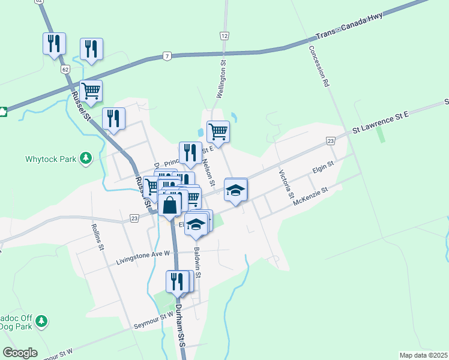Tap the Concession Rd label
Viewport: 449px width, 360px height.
pyautogui.click(x=319, y=67)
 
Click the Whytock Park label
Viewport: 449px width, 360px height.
pyautogui.click(x=51, y=159)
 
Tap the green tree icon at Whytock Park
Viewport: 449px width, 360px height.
pyautogui.click(x=86, y=158)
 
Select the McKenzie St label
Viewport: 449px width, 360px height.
pyautogui.click(x=310, y=198)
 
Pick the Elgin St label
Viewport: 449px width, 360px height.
pyautogui.click(x=323, y=166)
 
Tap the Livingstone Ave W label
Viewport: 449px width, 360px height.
pyautogui.click(x=144, y=258)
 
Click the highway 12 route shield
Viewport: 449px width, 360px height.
pyautogui.click(x=224, y=37)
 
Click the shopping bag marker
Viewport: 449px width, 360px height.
pyautogui.click(x=170, y=205)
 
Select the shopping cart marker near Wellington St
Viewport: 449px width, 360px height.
pyautogui.click(x=218, y=131)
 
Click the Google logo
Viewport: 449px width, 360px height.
pyautogui.click(x=20, y=353)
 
